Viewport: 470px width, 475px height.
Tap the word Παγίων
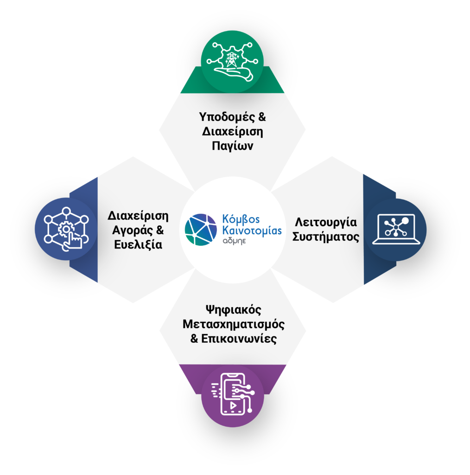(233, 146)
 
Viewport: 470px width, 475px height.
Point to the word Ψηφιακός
(232, 309)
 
